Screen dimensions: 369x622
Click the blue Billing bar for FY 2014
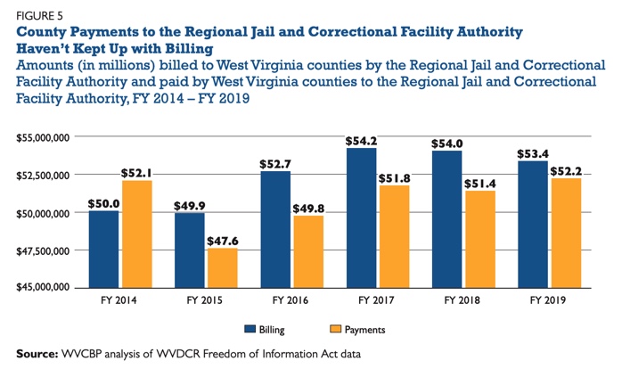(x=104, y=249)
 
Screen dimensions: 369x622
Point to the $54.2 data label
(x=361, y=140)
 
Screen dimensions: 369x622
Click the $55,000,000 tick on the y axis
(x=43, y=138)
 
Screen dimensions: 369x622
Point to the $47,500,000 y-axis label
(x=43, y=250)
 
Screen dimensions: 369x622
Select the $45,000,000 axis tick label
(x=43, y=288)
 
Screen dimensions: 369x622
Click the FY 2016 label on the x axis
(x=290, y=300)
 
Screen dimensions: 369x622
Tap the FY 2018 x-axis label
(x=462, y=300)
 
